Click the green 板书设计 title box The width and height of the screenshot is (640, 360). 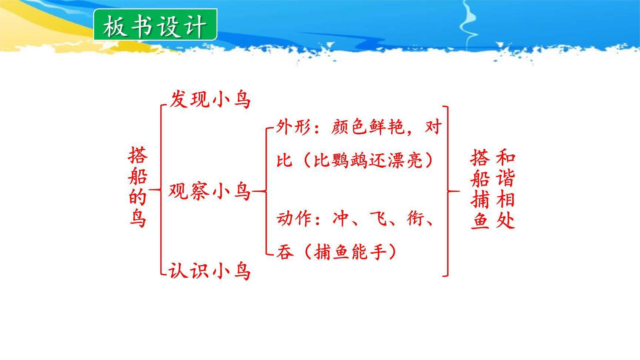pos(155,25)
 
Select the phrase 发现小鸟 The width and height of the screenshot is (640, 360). pos(210,100)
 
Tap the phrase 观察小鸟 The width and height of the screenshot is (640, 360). pos(210,191)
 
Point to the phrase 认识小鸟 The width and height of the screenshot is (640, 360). pos(210,270)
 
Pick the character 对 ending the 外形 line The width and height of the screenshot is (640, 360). pos(433,127)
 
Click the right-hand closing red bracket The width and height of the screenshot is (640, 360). pos(447,191)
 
